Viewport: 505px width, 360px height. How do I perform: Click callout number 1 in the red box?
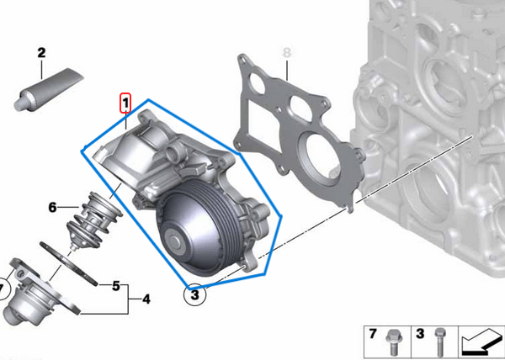(125, 103)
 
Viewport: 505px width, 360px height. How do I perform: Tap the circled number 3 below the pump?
(194, 295)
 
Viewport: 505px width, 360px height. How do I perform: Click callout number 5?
(116, 285)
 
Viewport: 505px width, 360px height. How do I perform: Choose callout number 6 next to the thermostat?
(52, 207)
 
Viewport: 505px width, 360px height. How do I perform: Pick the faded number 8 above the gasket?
(286, 53)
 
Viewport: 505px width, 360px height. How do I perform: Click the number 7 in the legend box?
(374, 335)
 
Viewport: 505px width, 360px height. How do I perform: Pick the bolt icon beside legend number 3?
(439, 341)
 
